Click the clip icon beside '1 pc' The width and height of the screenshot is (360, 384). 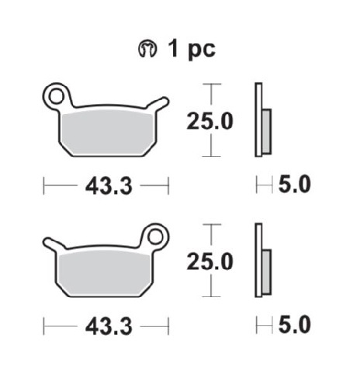coord(145,50)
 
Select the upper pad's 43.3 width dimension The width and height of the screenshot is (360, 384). coord(106,185)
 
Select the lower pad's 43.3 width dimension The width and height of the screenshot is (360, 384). coord(106,324)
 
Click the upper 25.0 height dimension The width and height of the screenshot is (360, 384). coord(209,121)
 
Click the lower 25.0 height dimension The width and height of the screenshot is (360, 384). coord(209,261)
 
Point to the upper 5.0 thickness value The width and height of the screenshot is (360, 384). coord(295,185)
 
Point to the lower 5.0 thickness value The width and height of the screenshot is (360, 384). coord(295,324)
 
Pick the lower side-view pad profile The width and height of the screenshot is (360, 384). coord(261,261)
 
